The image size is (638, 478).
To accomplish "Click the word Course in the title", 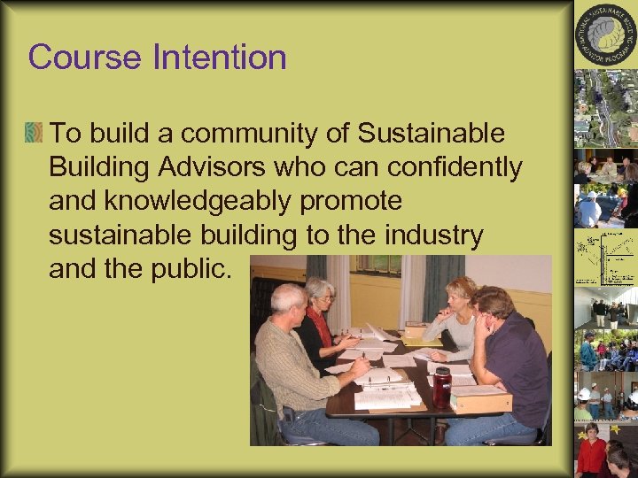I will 85,58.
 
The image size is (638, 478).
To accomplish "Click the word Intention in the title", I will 220,58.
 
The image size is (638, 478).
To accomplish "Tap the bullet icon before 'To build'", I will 35,134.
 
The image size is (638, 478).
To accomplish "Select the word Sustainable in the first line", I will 431,134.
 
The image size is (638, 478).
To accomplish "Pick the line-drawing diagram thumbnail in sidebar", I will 605,257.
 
